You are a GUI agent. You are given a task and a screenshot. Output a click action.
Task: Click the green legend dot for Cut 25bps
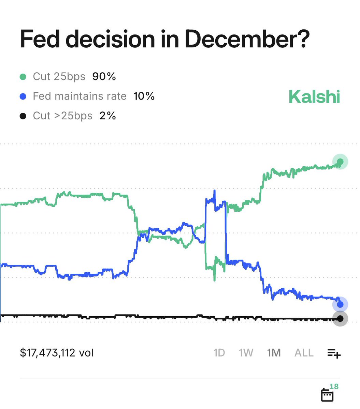coord(23,77)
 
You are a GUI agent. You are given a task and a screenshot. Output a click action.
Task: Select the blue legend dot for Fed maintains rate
coord(23,96)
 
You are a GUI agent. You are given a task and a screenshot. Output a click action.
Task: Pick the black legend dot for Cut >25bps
coord(23,116)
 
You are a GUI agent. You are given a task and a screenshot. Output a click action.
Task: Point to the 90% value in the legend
coord(104,77)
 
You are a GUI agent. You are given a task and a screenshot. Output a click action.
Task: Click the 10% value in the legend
coord(144,96)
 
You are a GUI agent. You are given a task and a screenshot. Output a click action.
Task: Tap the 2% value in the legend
coord(108,116)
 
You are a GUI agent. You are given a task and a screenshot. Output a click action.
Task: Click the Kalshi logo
coord(314,97)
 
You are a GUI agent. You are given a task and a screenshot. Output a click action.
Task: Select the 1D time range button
coord(219,353)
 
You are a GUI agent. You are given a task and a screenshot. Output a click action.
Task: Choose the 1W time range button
coord(246,353)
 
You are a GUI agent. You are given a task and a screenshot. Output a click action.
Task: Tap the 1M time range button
coord(274,353)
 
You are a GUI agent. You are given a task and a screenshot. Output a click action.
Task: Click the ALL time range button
coord(304,353)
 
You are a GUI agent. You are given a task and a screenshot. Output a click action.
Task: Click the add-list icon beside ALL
coord(334,353)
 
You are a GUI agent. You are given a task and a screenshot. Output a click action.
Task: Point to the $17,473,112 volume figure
coord(57,353)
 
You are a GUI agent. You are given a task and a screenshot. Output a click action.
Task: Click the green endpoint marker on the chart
coord(340,162)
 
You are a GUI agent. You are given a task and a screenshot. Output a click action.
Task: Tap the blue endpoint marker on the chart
coord(340,304)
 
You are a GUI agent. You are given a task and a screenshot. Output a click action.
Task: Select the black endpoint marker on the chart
coord(340,319)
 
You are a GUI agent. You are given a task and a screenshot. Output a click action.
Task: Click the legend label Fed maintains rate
coord(80,96)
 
